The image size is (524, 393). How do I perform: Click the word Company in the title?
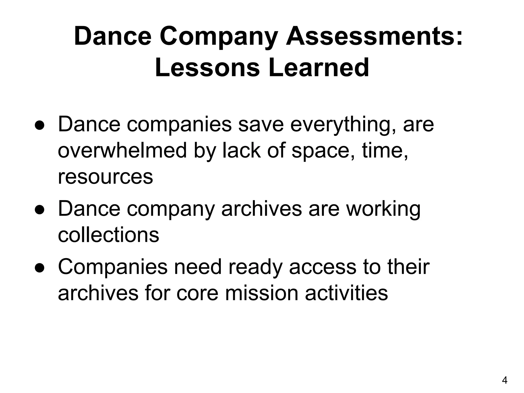click(x=219, y=37)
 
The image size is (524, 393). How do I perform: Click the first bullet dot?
click(x=40, y=127)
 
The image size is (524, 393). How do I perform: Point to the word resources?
click(x=105, y=177)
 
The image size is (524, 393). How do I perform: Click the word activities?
click(x=346, y=293)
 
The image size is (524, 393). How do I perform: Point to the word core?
click(x=197, y=294)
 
